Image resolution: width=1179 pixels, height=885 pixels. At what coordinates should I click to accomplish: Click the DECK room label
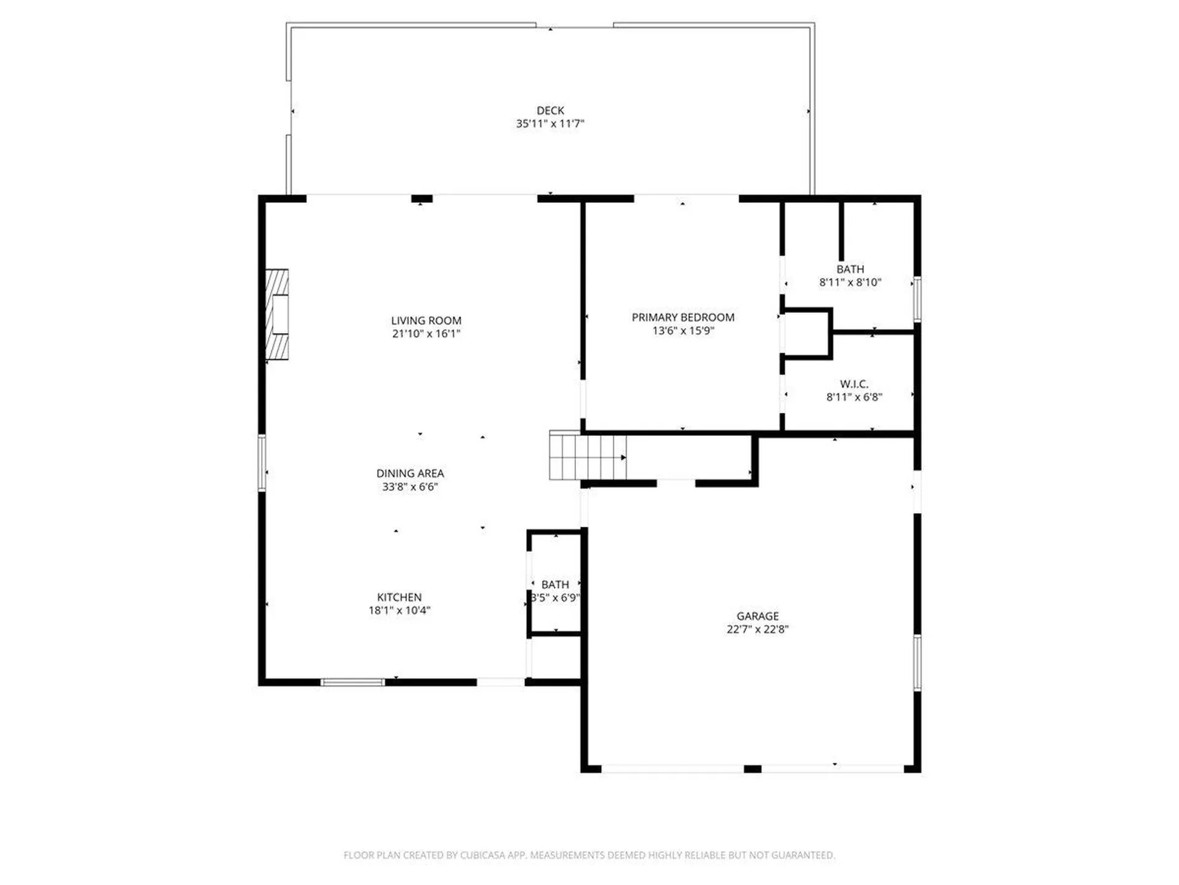click(550, 111)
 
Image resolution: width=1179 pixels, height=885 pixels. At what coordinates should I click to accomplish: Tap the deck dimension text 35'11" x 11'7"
click(550, 124)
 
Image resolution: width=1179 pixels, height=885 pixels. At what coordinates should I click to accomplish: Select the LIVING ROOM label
click(426, 320)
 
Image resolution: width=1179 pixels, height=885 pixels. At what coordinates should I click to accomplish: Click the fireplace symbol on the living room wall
click(277, 314)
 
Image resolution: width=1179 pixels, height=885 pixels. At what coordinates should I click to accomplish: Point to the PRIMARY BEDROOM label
click(683, 317)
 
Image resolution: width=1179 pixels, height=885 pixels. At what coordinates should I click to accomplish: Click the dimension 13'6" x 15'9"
click(683, 331)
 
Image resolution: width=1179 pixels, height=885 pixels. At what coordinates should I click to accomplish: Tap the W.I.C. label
click(854, 384)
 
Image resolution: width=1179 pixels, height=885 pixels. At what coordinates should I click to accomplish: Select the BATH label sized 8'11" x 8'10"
click(850, 269)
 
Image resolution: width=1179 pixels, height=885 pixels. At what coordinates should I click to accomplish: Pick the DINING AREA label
click(410, 473)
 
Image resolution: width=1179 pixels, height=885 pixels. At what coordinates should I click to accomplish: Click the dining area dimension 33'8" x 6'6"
click(410, 487)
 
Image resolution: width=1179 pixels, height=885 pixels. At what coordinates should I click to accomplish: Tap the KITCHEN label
click(399, 597)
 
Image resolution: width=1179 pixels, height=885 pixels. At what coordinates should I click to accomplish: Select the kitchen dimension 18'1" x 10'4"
click(399, 610)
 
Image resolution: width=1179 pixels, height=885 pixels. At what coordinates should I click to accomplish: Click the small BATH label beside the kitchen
click(554, 584)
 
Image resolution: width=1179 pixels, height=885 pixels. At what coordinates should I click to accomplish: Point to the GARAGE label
click(757, 616)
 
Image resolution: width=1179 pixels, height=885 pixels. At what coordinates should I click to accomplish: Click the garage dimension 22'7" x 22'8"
click(757, 629)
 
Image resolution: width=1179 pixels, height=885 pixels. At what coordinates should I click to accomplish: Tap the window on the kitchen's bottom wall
click(352, 682)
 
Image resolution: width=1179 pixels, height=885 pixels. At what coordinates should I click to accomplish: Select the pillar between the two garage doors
click(752, 769)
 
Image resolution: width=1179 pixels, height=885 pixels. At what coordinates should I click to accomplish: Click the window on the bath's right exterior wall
click(917, 299)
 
